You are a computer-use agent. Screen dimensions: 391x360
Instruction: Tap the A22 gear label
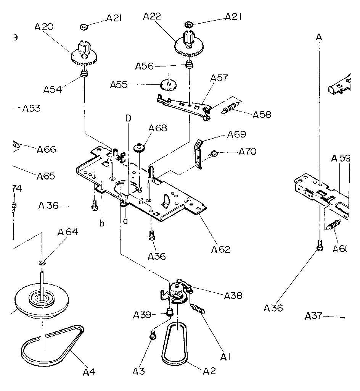152,16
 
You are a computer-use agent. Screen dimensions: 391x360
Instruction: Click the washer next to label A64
42,263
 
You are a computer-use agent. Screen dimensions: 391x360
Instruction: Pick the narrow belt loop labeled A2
176,343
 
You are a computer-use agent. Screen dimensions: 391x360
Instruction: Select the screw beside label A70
214,153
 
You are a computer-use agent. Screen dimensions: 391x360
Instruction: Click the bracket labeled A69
198,153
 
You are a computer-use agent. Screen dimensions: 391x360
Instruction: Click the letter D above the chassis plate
128,119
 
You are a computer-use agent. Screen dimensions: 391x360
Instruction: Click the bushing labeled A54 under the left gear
84,73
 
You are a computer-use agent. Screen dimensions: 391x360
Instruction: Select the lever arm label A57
219,79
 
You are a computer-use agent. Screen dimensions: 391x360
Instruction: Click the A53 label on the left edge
31,108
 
